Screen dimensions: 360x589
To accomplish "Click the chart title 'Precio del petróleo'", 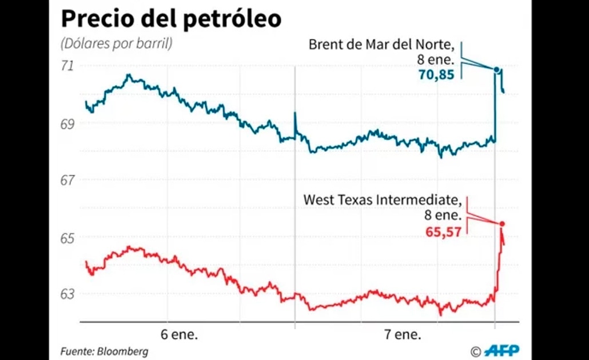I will pos(171,19).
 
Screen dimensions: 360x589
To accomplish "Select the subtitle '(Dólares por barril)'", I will pos(117,43).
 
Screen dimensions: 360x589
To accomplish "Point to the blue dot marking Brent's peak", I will pos(497,70).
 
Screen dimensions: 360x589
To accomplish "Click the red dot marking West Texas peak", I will pos(502,223).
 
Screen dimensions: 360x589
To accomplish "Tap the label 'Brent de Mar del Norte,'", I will pos(381,45).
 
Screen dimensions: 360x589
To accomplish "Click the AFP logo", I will pos(502,350).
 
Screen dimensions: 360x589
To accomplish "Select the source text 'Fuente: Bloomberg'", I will pos(104,351).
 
